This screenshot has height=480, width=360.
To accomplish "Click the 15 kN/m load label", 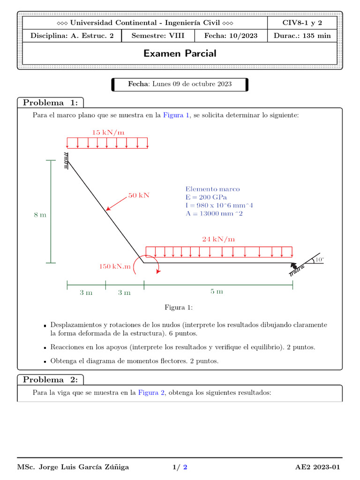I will [108, 133].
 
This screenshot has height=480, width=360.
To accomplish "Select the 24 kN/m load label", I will [218, 239].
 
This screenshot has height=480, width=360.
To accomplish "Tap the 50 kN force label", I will [139, 195].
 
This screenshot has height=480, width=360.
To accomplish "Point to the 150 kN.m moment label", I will [114, 266].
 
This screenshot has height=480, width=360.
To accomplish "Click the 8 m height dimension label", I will [40, 215].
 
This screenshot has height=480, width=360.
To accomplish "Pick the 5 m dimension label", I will [217, 292].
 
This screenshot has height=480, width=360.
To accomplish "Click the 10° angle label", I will [319, 259].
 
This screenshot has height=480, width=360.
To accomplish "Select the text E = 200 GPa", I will [206, 197].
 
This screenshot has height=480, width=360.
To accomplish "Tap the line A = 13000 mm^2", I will [214, 214].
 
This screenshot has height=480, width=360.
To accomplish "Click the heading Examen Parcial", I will [180, 53].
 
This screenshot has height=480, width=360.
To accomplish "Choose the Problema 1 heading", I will [51, 103].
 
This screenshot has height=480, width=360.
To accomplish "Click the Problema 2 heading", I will [51, 380].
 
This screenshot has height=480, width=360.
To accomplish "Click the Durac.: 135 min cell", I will [302, 36].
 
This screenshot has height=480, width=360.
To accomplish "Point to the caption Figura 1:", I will [179, 307].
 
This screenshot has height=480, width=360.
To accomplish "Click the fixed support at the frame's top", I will [67, 160].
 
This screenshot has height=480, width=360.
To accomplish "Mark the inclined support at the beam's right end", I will [294, 269].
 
